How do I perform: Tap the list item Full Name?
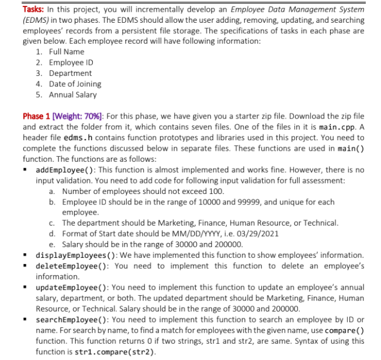pos(67,52)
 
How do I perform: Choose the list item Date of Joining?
pos(75,84)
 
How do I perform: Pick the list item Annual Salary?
pos(72,94)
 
